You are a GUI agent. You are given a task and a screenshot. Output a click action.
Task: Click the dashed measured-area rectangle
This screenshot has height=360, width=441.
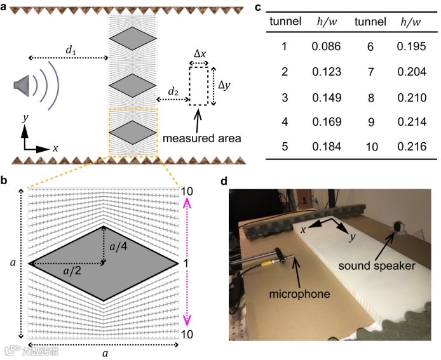click(198, 85)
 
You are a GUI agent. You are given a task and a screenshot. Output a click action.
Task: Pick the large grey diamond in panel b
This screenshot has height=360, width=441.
click(104, 262)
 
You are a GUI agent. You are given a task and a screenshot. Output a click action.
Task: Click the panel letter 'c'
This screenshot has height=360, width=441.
click(257, 7)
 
